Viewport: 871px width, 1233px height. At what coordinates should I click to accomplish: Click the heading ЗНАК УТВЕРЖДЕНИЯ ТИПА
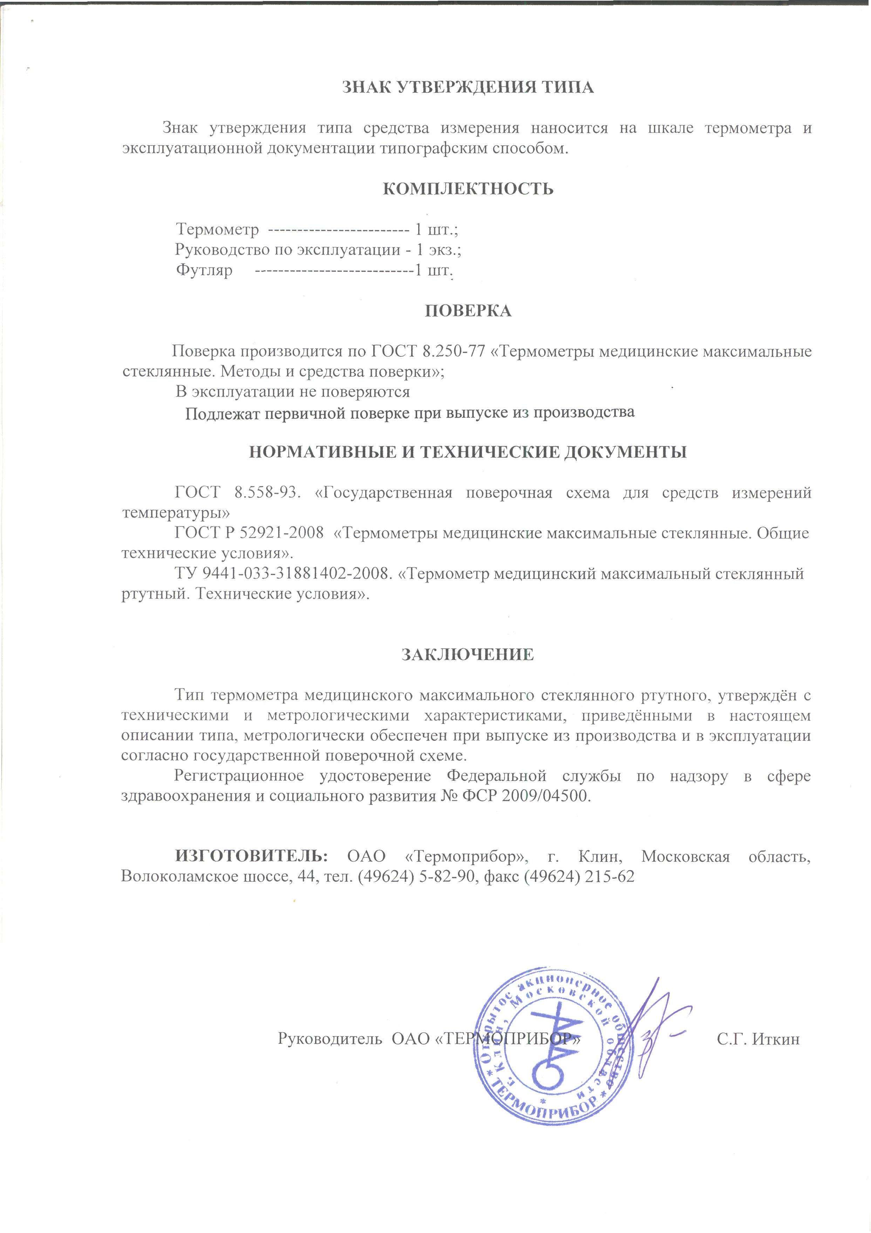coord(468,88)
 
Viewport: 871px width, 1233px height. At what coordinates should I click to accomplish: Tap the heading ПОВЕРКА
coord(468,310)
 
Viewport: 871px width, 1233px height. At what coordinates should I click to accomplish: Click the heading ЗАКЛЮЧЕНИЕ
coord(468,655)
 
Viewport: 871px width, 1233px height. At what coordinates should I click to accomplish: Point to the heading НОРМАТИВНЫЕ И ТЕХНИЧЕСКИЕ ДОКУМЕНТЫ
coord(468,452)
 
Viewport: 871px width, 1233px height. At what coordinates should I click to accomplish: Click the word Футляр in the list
coord(204,270)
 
